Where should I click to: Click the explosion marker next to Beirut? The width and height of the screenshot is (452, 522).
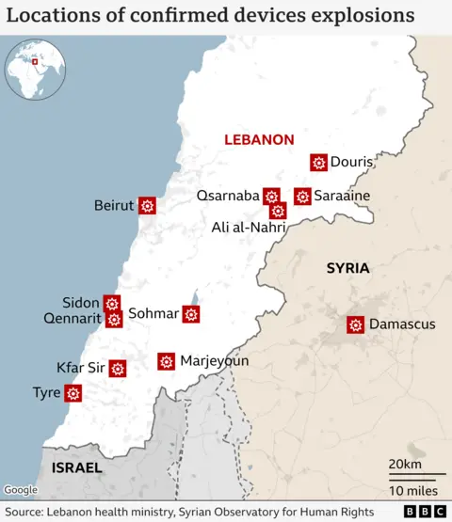[x=147, y=205]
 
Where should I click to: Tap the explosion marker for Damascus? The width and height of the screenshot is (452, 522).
[x=355, y=324]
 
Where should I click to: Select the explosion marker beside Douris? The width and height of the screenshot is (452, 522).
[x=318, y=163]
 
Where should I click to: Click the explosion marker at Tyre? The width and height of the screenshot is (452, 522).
[x=73, y=393]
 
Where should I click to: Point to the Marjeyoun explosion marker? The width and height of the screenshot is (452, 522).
[x=166, y=360]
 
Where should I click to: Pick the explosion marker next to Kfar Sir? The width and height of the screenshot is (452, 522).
[x=118, y=368]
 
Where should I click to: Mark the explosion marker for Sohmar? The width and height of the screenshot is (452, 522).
[x=191, y=313]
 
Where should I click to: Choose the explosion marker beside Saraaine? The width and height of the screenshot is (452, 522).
[x=302, y=196]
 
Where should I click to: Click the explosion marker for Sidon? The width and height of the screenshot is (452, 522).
[x=112, y=303]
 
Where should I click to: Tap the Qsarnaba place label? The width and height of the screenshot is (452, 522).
[x=228, y=196]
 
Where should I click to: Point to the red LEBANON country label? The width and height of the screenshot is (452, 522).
[x=259, y=139]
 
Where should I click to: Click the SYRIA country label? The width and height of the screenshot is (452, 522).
[x=347, y=268]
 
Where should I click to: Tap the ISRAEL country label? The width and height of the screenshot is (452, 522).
[x=77, y=467]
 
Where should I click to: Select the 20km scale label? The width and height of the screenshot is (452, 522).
[x=405, y=465]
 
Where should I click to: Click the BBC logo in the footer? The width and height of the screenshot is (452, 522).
[x=426, y=511]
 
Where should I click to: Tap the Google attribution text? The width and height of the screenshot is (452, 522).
[x=20, y=490]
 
